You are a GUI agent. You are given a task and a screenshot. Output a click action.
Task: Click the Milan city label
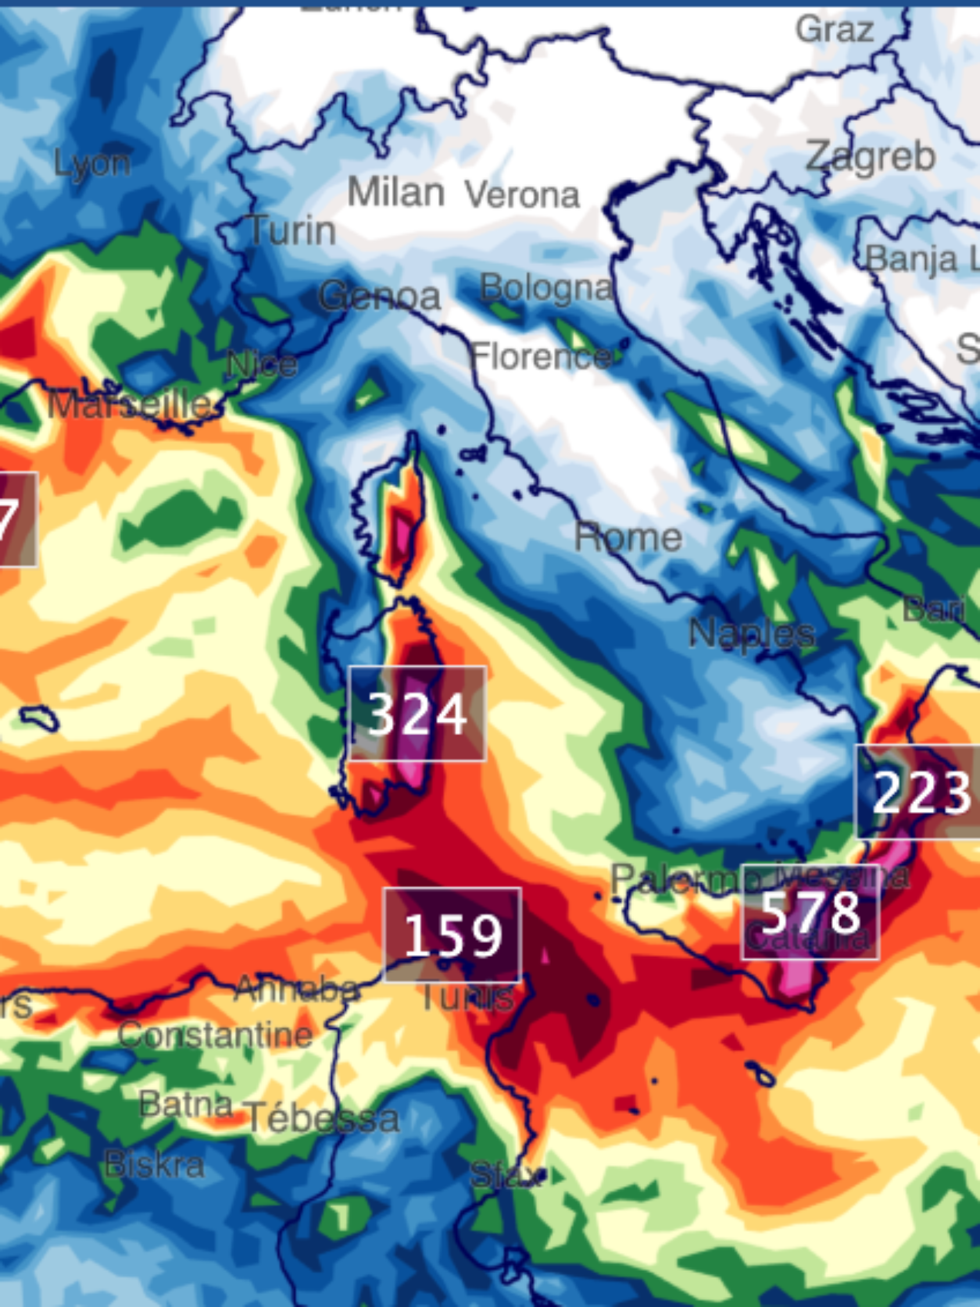[x=395, y=193]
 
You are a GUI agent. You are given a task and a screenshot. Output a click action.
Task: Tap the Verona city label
[x=522, y=195]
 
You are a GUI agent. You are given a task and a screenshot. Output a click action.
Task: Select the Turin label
[x=292, y=230]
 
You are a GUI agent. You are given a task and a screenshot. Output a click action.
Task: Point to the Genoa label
[x=380, y=296]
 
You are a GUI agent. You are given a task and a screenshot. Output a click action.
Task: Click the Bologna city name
[x=546, y=289]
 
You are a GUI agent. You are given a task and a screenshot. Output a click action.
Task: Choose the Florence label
[x=541, y=357]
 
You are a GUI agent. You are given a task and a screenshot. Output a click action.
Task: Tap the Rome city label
[x=628, y=537]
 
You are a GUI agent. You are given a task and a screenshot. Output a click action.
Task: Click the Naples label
[x=752, y=633]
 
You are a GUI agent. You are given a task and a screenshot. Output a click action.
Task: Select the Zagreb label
[x=870, y=157]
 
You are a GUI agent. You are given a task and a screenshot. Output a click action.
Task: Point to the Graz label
[x=834, y=29]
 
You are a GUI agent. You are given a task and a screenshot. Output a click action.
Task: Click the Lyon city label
[x=92, y=163]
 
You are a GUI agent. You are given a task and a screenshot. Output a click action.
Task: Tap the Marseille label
[x=130, y=406]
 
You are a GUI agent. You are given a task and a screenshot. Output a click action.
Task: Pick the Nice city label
[x=262, y=365]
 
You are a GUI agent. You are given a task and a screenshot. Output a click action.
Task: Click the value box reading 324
[x=417, y=714]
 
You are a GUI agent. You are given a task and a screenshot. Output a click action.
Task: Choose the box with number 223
[x=918, y=792]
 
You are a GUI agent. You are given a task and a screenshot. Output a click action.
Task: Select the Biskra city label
[x=154, y=1164]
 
